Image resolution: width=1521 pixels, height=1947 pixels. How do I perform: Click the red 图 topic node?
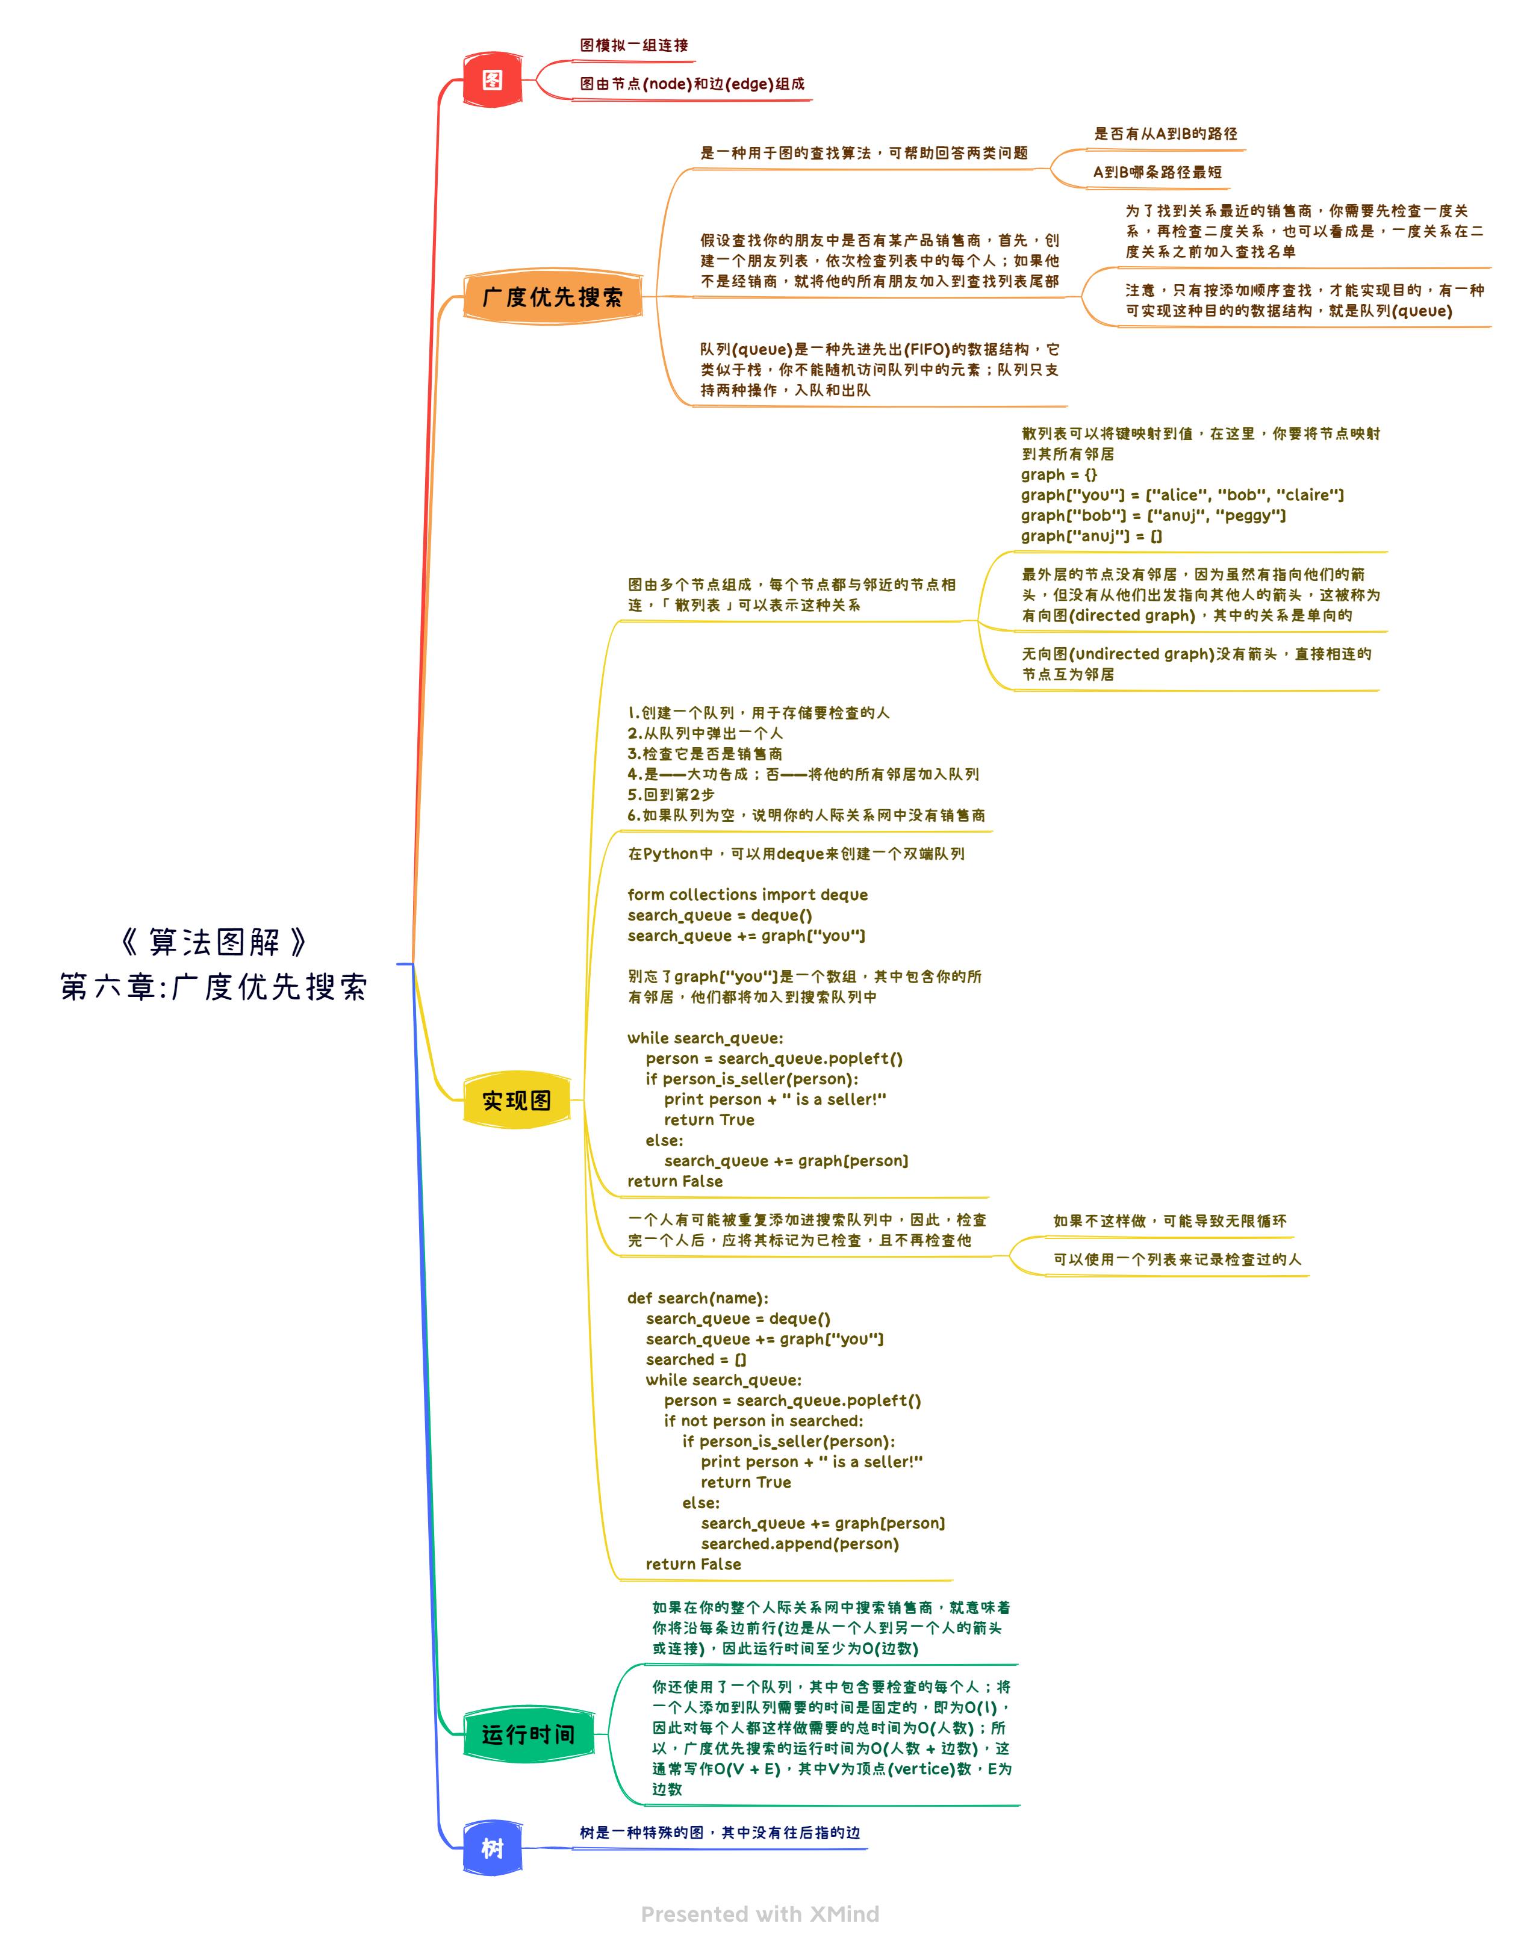point(492,80)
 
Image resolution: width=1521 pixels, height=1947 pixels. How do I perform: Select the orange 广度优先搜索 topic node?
point(552,297)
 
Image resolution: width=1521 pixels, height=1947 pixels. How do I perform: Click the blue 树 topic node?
point(492,1848)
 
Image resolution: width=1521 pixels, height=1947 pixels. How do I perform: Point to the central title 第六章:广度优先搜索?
point(214,987)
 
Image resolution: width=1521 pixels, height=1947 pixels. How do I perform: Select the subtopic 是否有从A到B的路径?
point(1165,134)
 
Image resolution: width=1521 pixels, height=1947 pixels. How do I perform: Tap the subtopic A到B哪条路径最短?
point(1157,172)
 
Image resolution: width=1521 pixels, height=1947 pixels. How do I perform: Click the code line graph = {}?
point(1059,475)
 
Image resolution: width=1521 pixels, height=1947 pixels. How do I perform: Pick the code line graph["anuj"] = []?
point(1091,536)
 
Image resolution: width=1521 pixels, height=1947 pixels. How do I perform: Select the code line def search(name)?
point(697,1299)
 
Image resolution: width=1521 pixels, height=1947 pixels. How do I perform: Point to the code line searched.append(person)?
point(800,1544)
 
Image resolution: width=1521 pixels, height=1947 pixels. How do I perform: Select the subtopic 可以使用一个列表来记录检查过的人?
point(1177,1259)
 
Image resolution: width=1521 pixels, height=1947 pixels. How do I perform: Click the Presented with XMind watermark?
point(760,1914)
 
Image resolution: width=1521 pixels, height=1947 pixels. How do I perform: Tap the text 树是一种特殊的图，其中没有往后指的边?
point(720,1833)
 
